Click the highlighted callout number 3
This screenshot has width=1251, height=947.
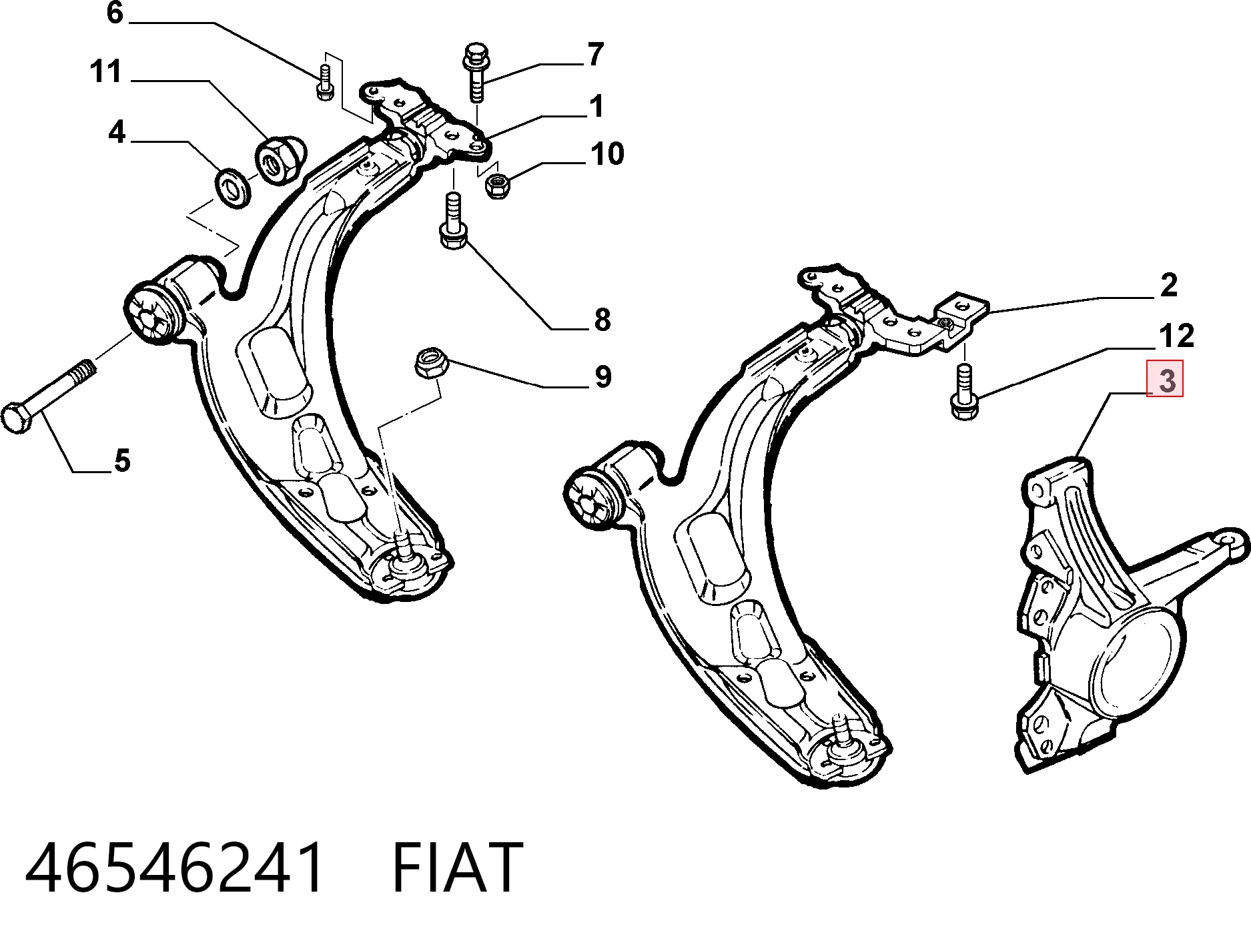click(1165, 379)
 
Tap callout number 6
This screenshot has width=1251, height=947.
click(115, 13)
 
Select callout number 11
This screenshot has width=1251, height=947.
click(105, 71)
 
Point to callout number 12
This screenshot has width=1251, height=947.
click(1176, 336)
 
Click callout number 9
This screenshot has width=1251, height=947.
click(602, 376)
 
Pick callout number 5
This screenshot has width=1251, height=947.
click(122, 460)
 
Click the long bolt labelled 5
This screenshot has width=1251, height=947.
click(48, 397)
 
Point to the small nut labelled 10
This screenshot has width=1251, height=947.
click(496, 186)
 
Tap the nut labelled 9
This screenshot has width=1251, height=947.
click(430, 362)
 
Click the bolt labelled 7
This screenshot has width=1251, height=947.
click(474, 72)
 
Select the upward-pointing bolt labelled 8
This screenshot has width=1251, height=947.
click(453, 220)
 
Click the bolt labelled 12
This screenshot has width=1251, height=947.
click(963, 392)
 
